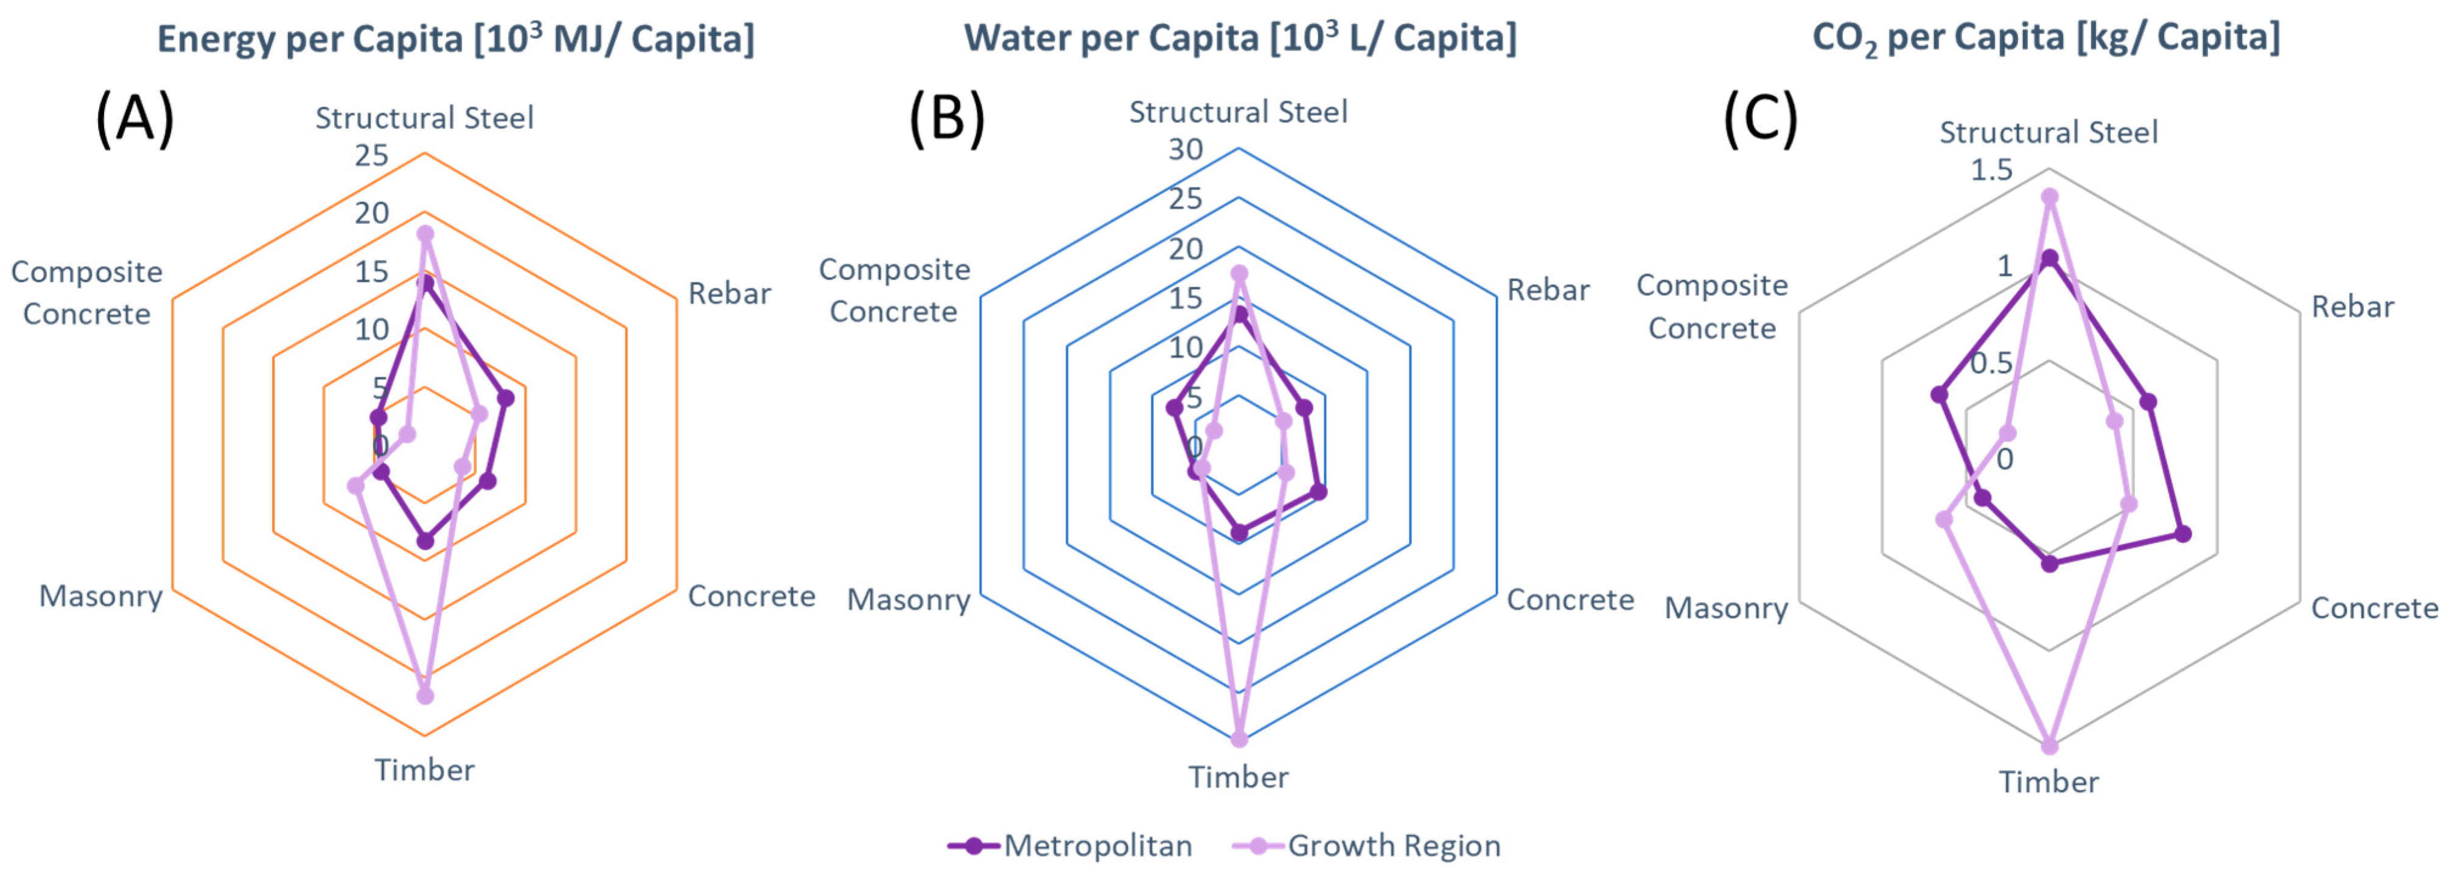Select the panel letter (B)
[947, 119]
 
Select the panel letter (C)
[1761, 119]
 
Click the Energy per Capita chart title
[455, 39]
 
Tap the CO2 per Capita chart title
[2046, 38]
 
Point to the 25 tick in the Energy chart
[372, 155]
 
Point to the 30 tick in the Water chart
[1186, 149]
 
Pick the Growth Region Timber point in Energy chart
[425, 695]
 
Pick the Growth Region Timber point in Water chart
[1238, 738]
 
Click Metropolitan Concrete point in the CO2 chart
[2184, 534]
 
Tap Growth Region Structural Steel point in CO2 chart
[2050, 197]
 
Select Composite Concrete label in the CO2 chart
[1711, 306]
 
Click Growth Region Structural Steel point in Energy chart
[425, 234]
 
